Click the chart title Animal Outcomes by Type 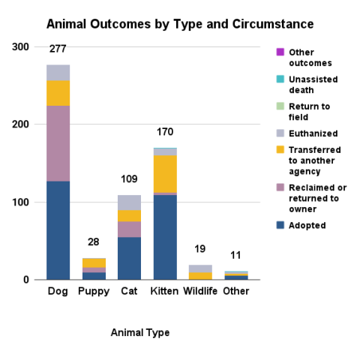(180, 25)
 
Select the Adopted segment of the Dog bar (58, 230)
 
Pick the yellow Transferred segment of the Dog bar (58, 93)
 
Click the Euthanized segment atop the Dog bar (58, 73)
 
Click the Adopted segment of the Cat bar (130, 258)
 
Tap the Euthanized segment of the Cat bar (130, 202)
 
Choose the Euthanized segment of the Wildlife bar (200, 268)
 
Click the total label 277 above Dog (58, 49)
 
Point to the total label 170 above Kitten (165, 132)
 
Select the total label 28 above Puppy (94, 242)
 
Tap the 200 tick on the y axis (20, 124)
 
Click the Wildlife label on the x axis (200, 290)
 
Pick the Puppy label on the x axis (94, 290)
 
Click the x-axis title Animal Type (140, 332)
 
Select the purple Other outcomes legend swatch (280, 52)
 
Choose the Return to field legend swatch (280, 106)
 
